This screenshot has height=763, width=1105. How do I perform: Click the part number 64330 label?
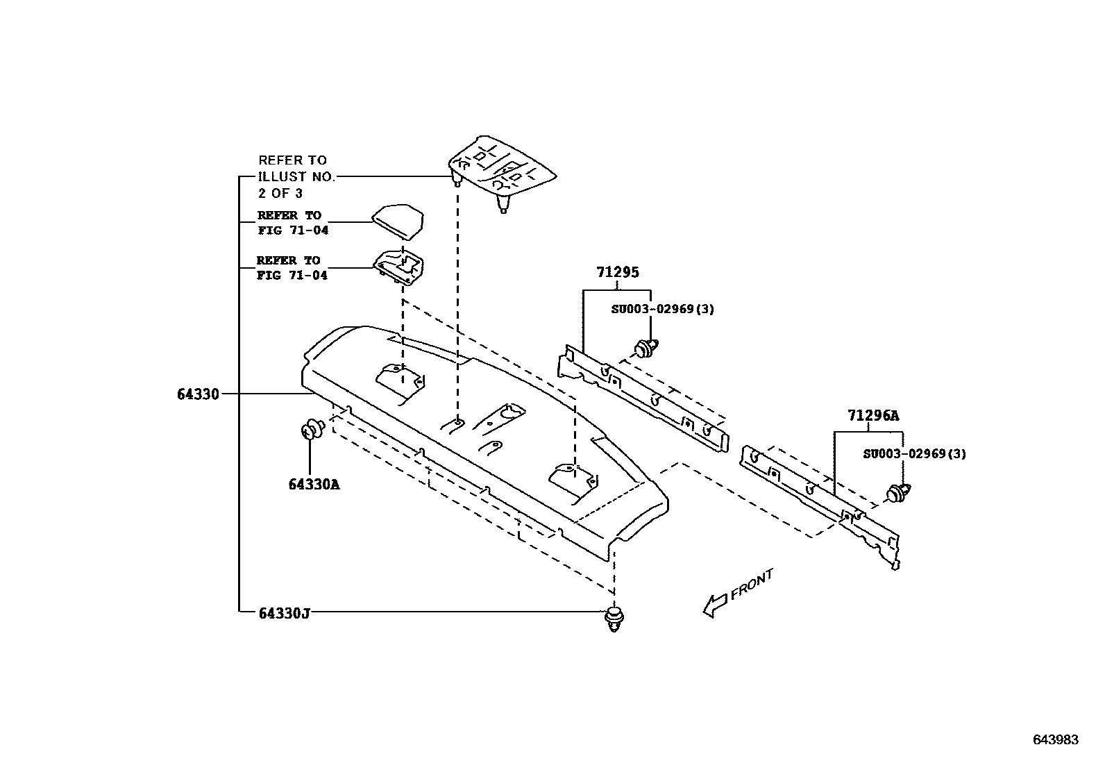click(x=198, y=394)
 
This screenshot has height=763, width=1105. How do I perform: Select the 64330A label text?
click(x=314, y=484)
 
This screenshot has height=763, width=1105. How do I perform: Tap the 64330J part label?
click(x=283, y=613)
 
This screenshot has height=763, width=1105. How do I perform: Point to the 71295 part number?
click(x=617, y=273)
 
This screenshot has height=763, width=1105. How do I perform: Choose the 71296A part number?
click(x=872, y=416)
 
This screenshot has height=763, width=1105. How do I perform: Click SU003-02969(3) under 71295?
click(x=662, y=309)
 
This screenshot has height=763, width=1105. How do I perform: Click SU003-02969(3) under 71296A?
click(x=914, y=454)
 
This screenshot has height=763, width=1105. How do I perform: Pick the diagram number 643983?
click(x=1056, y=740)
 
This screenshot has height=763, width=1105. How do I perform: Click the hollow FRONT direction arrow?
click(x=715, y=604)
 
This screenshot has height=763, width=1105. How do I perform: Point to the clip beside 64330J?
click(x=614, y=618)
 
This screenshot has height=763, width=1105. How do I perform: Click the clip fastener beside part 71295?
click(x=646, y=346)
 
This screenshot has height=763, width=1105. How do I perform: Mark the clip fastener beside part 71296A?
click(x=900, y=494)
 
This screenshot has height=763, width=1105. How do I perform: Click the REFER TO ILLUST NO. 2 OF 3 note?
click(x=296, y=177)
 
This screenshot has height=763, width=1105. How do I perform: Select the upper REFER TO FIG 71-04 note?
click(x=292, y=223)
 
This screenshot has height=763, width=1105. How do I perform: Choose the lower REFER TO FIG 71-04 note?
click(x=292, y=268)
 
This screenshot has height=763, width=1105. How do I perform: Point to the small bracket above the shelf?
click(x=402, y=267)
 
